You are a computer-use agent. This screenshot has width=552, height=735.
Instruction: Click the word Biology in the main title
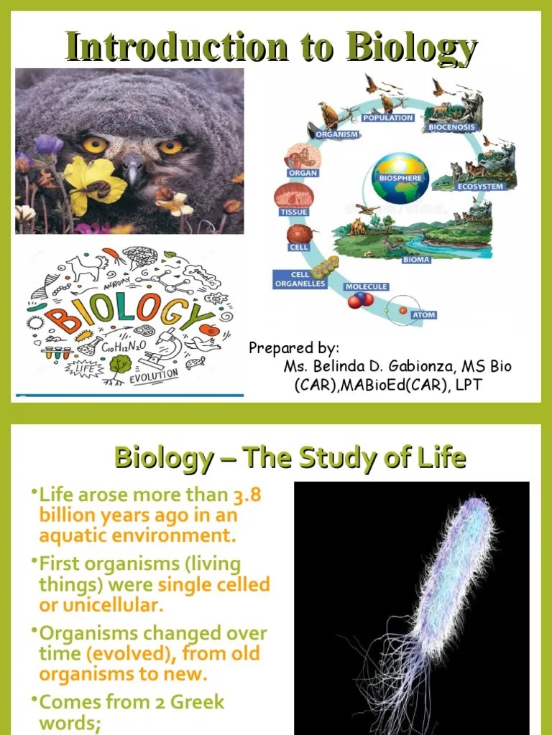[412, 48]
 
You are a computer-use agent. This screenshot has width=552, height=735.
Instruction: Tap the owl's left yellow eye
[95, 145]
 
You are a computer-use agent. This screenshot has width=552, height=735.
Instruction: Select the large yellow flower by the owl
[93, 183]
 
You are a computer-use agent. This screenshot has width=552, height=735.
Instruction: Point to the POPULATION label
[388, 118]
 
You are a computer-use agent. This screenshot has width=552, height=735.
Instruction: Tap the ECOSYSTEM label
[481, 187]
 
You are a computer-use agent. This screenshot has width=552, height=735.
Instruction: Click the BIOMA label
[416, 260]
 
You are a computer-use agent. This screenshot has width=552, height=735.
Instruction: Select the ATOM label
[423, 314]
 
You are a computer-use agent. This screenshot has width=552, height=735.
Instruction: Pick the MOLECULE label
[366, 286]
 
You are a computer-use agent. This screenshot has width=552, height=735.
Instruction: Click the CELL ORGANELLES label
[300, 279]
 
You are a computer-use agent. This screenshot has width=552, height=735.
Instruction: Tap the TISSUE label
[293, 212]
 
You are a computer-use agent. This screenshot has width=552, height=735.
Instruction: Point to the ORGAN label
[303, 173]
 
